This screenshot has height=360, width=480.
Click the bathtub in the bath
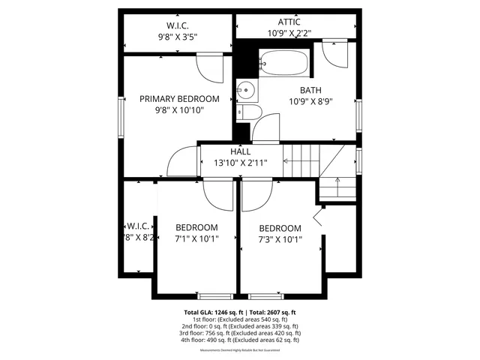(284, 62)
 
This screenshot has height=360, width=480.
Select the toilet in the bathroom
(250, 113)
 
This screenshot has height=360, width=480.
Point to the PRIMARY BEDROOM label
(180, 99)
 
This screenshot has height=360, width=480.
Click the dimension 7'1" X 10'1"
(196, 240)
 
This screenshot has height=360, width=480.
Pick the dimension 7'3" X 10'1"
(280, 241)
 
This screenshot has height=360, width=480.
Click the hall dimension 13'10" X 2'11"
(241, 163)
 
